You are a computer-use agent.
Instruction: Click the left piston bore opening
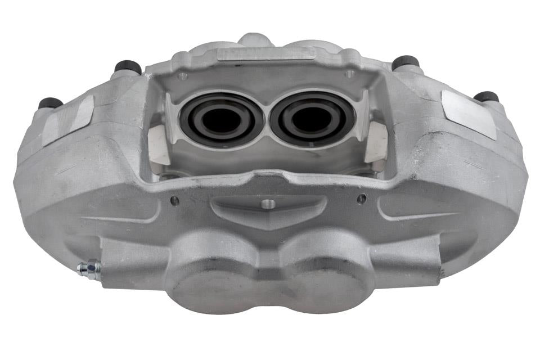click(220, 119)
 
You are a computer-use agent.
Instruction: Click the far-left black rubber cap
click(50, 103)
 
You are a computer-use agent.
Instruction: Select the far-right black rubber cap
click(487, 96)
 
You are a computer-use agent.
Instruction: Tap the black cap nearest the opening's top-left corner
click(128, 67)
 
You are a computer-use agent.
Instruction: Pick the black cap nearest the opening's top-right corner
click(406, 62)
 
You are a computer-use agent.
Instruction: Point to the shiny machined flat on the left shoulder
click(67, 120)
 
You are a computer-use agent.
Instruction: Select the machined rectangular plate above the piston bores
click(265, 53)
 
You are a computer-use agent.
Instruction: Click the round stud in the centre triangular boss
click(269, 204)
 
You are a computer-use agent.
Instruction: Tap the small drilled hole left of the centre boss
click(174, 200)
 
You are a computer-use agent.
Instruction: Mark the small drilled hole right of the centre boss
click(361, 198)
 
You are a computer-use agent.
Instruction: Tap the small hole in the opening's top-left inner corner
click(183, 76)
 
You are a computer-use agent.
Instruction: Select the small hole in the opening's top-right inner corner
click(350, 74)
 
